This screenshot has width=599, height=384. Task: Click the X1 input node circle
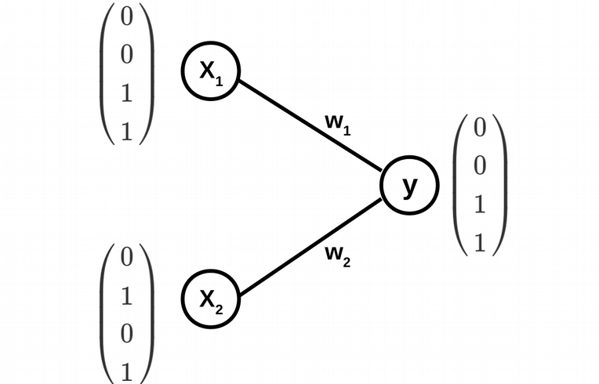210,71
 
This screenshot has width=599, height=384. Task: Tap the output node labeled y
409,187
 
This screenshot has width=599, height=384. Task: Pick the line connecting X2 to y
310,249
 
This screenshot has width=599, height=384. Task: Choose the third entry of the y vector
481,205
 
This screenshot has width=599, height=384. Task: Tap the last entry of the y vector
481,244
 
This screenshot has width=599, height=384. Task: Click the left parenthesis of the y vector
460,186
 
